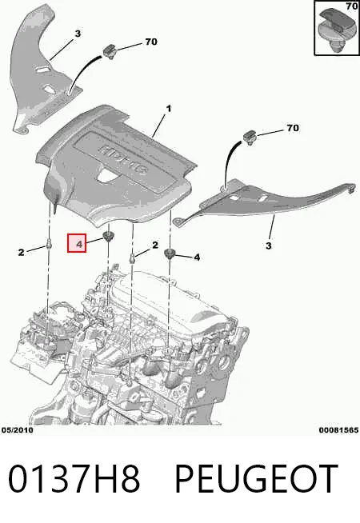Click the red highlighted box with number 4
[77, 243]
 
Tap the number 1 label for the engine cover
[169, 109]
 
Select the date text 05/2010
[18, 430]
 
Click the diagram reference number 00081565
[338, 430]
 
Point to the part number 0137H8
[74, 479]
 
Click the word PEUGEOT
[256, 479]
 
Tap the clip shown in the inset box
[337, 30]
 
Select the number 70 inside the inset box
[352, 6]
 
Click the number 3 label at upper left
[78, 34]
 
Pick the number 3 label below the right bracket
[269, 246]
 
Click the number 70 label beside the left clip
[151, 42]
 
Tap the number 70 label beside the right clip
[293, 128]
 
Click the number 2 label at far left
[21, 253]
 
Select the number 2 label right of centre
[155, 246]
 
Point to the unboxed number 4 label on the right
[197, 258]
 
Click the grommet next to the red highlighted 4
[108, 237]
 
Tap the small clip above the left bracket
[110, 51]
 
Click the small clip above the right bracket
[250, 137]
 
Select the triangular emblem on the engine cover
[106, 175]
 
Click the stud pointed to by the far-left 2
[50, 245]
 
